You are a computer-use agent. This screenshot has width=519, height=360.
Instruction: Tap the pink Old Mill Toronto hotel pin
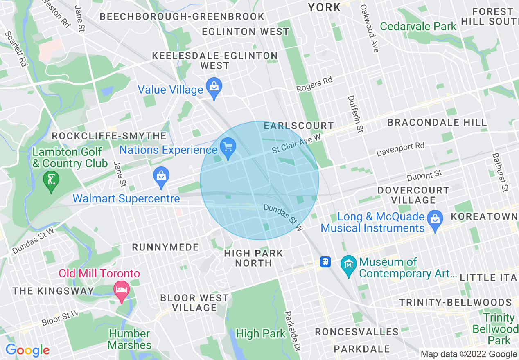click(122, 291)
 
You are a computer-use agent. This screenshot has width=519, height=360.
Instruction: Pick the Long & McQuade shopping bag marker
click(435, 220)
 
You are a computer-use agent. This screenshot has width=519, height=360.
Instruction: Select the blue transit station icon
click(325, 262)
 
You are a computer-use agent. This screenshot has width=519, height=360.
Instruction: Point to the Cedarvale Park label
click(418, 27)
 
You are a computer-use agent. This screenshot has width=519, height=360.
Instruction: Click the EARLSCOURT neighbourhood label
click(299, 126)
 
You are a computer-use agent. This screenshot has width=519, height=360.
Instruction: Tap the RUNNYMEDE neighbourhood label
click(165, 247)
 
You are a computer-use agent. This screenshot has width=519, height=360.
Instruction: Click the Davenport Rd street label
click(400, 150)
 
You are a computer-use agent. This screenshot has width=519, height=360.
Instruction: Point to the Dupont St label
click(424, 176)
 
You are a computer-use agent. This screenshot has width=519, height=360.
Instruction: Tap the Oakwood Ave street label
click(369, 29)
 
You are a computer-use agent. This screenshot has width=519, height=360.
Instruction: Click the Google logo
click(27, 350)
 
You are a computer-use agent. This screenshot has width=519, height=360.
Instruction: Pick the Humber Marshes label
click(129, 339)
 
